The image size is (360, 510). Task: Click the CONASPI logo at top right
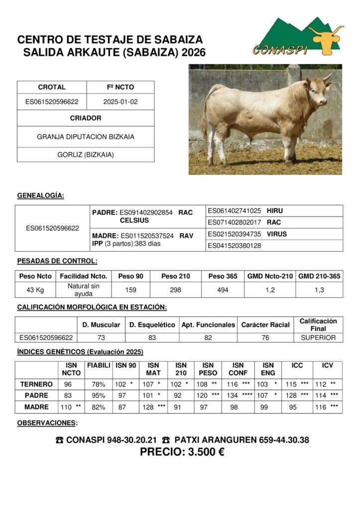298,37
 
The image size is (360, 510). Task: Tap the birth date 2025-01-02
120,102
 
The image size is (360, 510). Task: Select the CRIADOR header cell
86,118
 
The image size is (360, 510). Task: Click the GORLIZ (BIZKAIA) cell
86,155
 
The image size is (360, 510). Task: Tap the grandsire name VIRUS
277,234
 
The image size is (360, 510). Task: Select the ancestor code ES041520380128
235,246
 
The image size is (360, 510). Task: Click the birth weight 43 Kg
35,290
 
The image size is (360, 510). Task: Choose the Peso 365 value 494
223,290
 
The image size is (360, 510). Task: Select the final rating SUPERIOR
318,338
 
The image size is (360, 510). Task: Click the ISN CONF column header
238,369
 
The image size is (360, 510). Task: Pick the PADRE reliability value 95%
98,395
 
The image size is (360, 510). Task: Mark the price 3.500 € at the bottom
182,452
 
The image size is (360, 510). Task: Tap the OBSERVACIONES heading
47,423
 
